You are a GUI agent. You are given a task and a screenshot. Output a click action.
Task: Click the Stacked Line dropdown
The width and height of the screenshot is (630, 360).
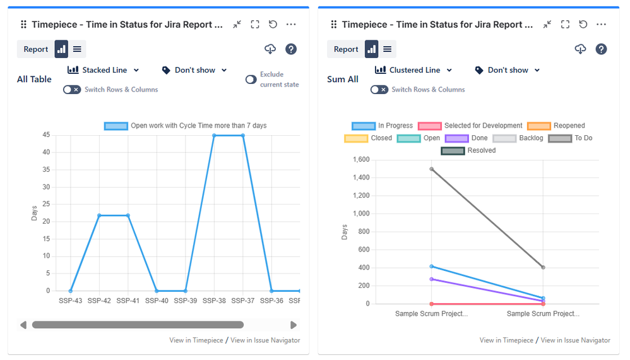coord(104,70)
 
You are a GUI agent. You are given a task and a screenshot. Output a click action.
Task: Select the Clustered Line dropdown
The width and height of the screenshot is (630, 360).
coord(413,70)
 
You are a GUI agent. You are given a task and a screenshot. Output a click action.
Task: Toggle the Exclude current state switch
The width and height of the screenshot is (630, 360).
coord(251,80)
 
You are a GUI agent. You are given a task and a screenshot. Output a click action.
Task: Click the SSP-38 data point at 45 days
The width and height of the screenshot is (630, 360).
coord(214,135)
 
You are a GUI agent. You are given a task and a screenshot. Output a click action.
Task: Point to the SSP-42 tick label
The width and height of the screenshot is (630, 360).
coord(98,301)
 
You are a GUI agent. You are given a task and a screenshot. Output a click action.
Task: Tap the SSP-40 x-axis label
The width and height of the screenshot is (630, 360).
coord(157,301)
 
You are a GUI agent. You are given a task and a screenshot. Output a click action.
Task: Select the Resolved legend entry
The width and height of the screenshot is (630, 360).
coord(470,150)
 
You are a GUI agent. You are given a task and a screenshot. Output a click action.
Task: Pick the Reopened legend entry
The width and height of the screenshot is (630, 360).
coord(556,126)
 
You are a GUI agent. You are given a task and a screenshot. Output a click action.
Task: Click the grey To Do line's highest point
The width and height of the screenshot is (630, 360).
coord(431,169)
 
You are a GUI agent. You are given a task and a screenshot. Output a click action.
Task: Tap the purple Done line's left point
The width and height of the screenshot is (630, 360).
coord(431,279)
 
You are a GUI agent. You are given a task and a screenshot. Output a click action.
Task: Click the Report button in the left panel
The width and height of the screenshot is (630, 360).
coord(36,49)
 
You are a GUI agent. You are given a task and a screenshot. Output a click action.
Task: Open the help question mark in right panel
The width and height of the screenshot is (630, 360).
coord(601,49)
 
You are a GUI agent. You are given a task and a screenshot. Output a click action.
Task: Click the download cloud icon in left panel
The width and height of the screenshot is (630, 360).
coord(270,49)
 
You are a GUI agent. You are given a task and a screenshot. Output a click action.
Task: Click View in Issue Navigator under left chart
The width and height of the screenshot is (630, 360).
coord(265,340)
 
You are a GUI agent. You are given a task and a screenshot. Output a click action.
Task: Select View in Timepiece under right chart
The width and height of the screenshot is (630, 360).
coord(506,340)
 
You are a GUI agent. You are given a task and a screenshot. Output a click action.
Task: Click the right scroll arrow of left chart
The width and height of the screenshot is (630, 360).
coord(294,325)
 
